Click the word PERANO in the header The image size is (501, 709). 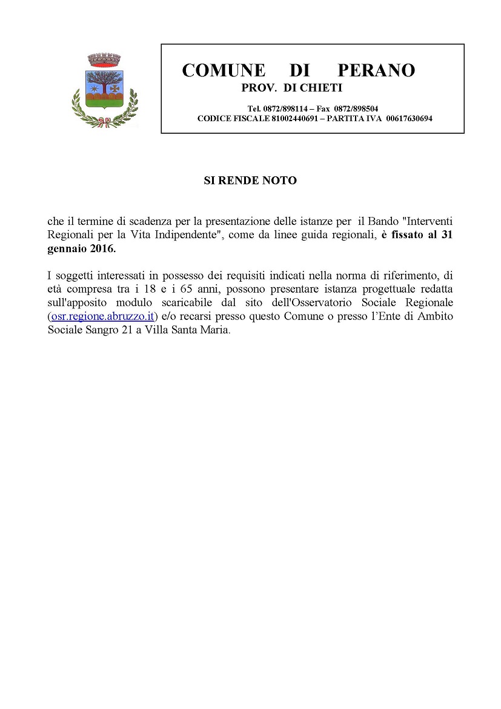[x=376, y=70]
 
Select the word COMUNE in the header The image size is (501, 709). [x=223, y=70]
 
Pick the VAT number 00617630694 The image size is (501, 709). [x=409, y=118]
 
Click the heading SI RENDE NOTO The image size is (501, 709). [x=250, y=181]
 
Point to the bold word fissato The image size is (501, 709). [x=410, y=235]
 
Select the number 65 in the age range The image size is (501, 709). [x=186, y=288]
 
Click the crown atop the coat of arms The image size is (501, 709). [x=105, y=60]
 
